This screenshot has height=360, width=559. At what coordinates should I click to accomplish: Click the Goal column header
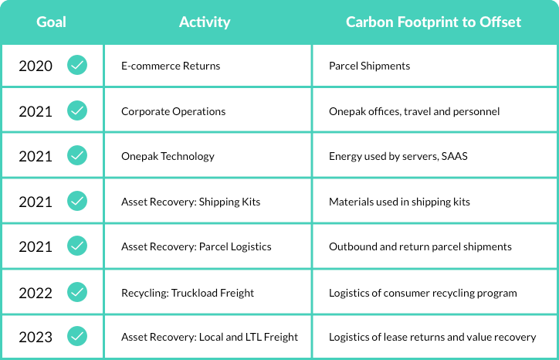pyautogui.click(x=51, y=22)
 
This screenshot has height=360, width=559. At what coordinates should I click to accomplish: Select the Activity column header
pyautogui.click(x=205, y=22)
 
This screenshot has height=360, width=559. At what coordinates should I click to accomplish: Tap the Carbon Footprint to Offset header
pyautogui.click(x=433, y=22)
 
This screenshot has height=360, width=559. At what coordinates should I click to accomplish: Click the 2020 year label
pyautogui.click(x=36, y=66)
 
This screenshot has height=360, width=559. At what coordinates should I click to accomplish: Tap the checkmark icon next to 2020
pyautogui.click(x=77, y=65)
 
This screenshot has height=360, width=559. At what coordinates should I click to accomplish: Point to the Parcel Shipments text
pyautogui.click(x=369, y=66)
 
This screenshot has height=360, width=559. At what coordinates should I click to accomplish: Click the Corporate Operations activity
pyautogui.click(x=173, y=111)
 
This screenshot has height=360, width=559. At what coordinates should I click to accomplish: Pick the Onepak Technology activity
pyautogui.click(x=168, y=156)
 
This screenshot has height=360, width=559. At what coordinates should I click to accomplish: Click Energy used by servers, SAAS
pyautogui.click(x=398, y=156)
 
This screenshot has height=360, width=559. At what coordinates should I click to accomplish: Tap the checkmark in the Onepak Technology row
pyautogui.click(x=77, y=155)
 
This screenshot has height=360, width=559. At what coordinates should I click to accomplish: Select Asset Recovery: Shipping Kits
pyautogui.click(x=191, y=202)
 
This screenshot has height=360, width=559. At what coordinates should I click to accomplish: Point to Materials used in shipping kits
pyautogui.click(x=399, y=202)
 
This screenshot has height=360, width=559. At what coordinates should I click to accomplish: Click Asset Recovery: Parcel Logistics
pyautogui.click(x=196, y=246)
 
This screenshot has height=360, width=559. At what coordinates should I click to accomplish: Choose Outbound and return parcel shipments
pyautogui.click(x=420, y=246)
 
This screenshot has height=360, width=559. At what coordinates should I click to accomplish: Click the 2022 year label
pyautogui.click(x=36, y=294)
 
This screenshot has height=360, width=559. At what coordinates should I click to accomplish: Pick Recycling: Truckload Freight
pyautogui.click(x=188, y=293)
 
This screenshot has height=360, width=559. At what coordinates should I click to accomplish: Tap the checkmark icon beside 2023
pyautogui.click(x=77, y=336)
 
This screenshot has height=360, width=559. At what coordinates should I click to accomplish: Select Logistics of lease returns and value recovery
pyautogui.click(x=432, y=337)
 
